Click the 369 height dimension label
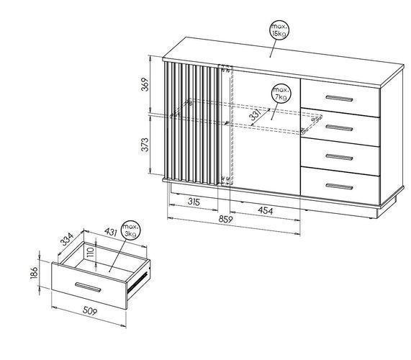point(145,84)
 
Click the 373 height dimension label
point(145,144)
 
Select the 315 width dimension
point(194,202)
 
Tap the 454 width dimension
point(266,210)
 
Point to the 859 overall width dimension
point(226,219)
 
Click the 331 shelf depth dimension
point(255,115)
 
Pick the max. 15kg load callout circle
point(280,30)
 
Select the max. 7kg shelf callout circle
point(281,94)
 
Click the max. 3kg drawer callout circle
point(130,230)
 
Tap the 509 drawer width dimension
point(90,311)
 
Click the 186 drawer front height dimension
point(35,273)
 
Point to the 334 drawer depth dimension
point(67,238)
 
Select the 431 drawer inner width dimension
point(110,232)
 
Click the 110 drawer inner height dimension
point(91,253)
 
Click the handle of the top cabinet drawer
point(339,99)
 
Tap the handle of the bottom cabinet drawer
point(339,186)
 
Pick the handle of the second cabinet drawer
point(339,127)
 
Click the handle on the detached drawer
point(88,287)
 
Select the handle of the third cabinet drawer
point(339,157)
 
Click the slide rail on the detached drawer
point(137,282)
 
